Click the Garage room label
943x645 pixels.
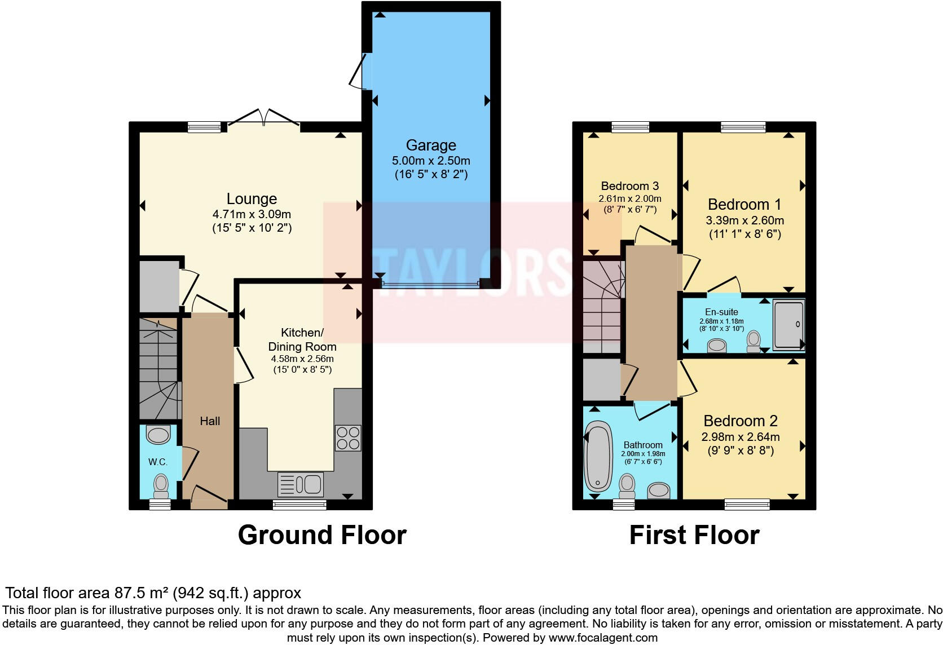click(x=431, y=145)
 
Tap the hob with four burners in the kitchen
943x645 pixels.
click(x=348, y=438)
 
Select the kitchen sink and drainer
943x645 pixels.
click(x=301, y=484)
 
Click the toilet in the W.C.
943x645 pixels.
click(x=161, y=487)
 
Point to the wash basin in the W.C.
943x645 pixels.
click(x=158, y=435)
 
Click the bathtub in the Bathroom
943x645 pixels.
click(x=598, y=456)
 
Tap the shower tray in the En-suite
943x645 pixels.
click(x=789, y=324)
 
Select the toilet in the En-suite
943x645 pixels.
click(x=753, y=342)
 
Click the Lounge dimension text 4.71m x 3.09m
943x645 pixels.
click(x=252, y=214)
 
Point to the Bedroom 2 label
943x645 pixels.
click(x=741, y=421)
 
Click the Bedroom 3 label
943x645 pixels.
click(x=630, y=186)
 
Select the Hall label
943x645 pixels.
click(x=210, y=421)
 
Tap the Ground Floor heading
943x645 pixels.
click(x=322, y=535)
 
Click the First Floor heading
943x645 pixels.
click(x=694, y=535)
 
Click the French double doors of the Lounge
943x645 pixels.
click(x=264, y=118)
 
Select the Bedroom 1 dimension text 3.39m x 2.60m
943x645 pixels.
click(x=744, y=220)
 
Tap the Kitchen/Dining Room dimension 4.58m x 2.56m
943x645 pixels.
click(x=302, y=359)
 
